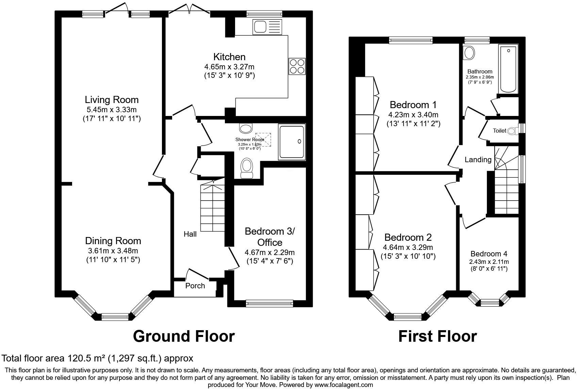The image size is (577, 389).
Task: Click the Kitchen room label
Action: (x=229, y=57)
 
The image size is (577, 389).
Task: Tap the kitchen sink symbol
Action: (x=267, y=27)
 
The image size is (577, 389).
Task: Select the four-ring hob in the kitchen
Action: (x=297, y=66)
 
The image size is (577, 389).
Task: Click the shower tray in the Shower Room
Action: (x=292, y=141)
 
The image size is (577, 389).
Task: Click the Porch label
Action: (x=195, y=286)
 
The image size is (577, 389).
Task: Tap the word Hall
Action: (x=190, y=234)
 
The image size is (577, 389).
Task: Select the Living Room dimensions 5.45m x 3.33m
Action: (x=112, y=109)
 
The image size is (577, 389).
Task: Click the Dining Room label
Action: (x=113, y=241)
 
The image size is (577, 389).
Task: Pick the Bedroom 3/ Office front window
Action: (x=269, y=303)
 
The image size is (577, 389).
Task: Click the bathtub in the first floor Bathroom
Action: (x=508, y=69)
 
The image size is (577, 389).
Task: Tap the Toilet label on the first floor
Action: (x=499, y=131)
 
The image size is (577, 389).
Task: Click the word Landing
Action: (x=478, y=159)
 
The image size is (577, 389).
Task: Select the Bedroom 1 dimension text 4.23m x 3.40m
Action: (x=413, y=115)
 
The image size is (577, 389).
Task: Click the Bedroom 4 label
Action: (x=489, y=254)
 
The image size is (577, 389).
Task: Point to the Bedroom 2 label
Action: (x=408, y=237)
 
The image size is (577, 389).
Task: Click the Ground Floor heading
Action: (x=184, y=336)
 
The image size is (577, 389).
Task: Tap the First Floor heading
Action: (x=437, y=336)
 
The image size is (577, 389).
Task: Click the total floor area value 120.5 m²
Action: (x=85, y=358)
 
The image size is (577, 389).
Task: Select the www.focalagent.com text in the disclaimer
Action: (x=344, y=385)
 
